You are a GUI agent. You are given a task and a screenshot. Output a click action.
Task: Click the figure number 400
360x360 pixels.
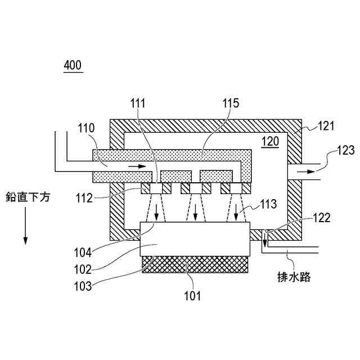tap(73, 65)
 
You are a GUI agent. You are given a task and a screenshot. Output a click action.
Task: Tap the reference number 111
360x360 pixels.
tap(138, 103)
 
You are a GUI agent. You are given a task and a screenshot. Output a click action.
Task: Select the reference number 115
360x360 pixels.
tap(230, 103)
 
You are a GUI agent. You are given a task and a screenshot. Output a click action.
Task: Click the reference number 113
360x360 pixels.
tap(269, 204)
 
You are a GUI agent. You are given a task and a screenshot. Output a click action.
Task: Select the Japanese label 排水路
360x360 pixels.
tap(294, 277)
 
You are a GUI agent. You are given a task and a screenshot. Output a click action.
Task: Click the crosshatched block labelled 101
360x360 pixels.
tap(194, 264)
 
